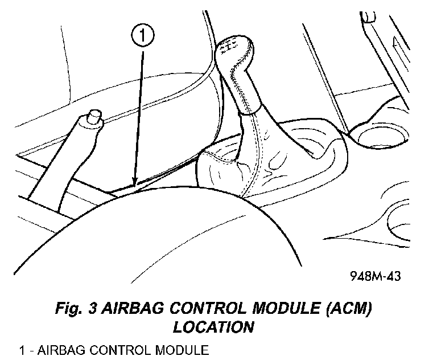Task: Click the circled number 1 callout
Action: point(143,36)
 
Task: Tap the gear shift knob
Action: point(239,68)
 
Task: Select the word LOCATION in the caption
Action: point(213,328)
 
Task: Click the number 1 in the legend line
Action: point(21,349)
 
